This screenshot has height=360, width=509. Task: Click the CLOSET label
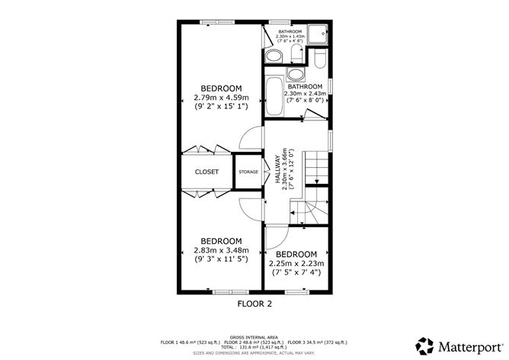pyautogui.click(x=206, y=172)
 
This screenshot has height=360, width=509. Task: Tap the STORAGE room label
pyautogui.click(x=248, y=172)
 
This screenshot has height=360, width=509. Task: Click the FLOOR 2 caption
pyautogui.click(x=254, y=304)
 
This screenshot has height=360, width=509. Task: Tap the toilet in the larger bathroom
pyautogui.click(x=319, y=59)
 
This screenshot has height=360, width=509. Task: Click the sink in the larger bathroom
pyautogui.click(x=294, y=74)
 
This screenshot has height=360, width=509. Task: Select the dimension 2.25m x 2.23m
pyautogui.click(x=296, y=263)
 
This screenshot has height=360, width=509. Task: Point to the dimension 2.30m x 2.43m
pyautogui.click(x=306, y=93)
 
